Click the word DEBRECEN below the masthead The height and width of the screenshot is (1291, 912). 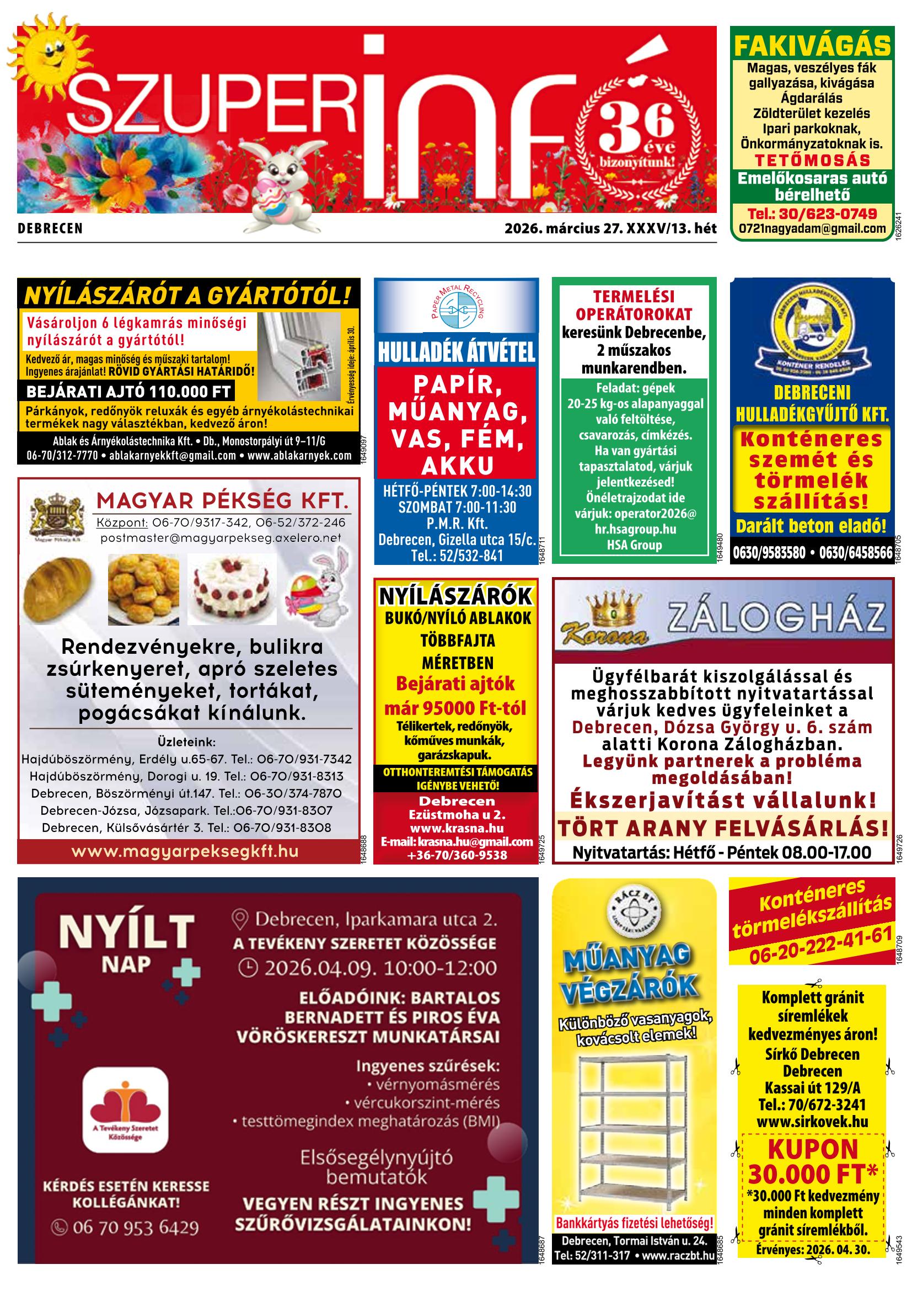50,229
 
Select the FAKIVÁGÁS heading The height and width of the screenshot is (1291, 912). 812,46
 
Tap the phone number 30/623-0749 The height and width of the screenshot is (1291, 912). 812,214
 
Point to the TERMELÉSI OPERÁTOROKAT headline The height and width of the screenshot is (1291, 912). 634,305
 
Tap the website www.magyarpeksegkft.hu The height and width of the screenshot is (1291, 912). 185,851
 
